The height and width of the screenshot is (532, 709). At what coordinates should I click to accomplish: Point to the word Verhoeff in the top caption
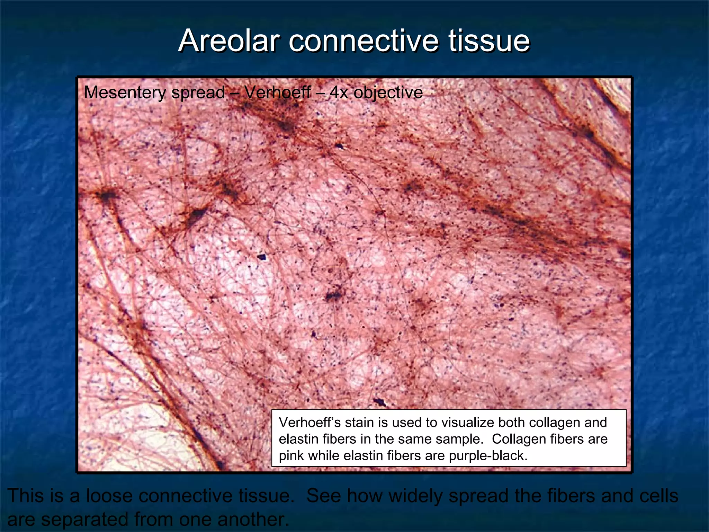pyautogui.click(x=277, y=92)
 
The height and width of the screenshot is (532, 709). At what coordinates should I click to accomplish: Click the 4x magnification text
pyautogui.click(x=338, y=93)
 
